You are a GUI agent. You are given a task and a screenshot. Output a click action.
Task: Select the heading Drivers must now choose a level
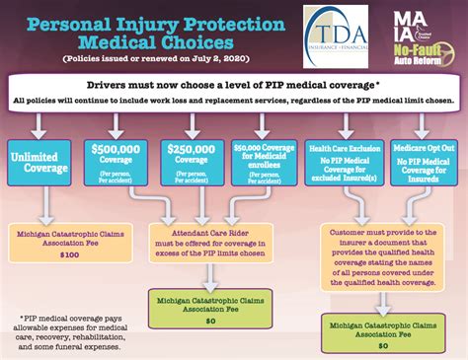click(233, 85)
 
